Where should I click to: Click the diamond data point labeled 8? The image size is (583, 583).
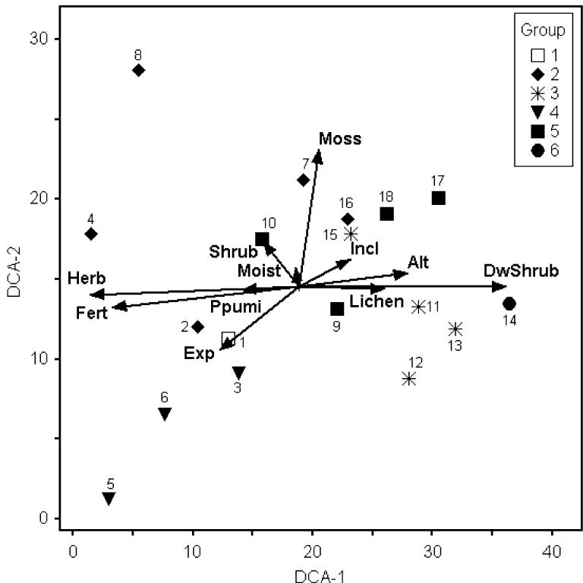pyautogui.click(x=138, y=70)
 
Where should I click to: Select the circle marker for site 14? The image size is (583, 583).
pyautogui.click(x=509, y=304)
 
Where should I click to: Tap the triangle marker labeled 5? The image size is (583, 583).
pyautogui.click(x=109, y=499)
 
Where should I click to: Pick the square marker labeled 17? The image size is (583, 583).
pyautogui.click(x=438, y=198)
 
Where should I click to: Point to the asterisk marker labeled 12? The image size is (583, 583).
pyautogui.click(x=409, y=378)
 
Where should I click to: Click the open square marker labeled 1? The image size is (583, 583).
pyautogui.click(x=228, y=339)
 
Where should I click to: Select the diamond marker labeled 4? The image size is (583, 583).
pyautogui.click(x=91, y=234)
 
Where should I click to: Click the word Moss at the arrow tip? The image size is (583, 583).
pyautogui.click(x=340, y=139)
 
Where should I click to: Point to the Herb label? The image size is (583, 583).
pyautogui.click(x=86, y=278)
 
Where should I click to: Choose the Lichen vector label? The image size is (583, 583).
pyautogui.click(x=376, y=302)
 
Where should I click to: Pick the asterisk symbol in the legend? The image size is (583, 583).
pyautogui.click(x=538, y=93)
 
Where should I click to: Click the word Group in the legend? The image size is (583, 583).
pyautogui.click(x=542, y=31)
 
